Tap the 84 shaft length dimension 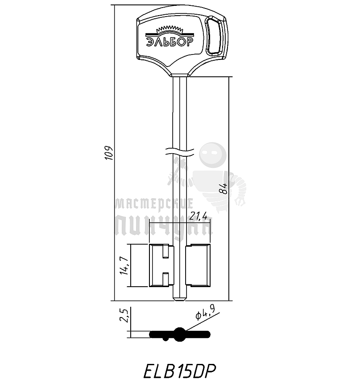coord(224,189)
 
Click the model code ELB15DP coord(180,371)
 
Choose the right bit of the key coord(197,265)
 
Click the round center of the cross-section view coord(180,333)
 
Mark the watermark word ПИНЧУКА coord(163,226)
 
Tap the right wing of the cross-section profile coord(199,334)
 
